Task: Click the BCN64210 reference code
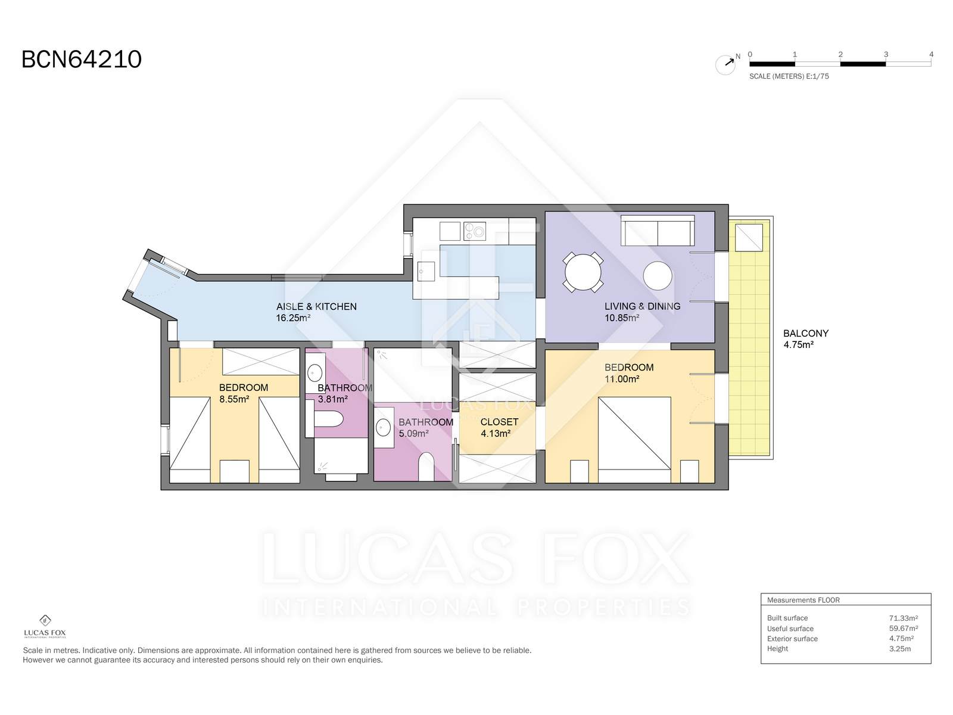point(82,60)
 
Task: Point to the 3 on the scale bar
point(886,55)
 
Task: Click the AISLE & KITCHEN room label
point(316,306)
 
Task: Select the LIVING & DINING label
point(643,306)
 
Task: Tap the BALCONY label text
point(806,334)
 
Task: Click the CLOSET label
point(499,422)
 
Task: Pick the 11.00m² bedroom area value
point(622,379)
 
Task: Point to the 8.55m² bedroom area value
point(234,399)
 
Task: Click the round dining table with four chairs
point(583,273)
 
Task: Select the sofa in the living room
point(658,231)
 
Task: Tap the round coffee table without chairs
point(658,276)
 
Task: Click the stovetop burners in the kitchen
point(475,231)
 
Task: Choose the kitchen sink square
point(426,271)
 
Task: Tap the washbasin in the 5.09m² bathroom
point(383,428)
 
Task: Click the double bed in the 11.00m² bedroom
point(634,440)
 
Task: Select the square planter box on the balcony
point(749,238)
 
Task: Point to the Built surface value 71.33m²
point(903,618)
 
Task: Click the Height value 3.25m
point(899,649)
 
